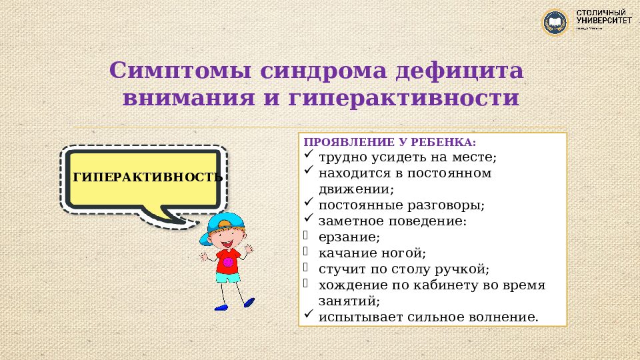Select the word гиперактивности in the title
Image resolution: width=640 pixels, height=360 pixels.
tap(404, 99)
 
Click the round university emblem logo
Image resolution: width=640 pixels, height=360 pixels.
tap(556, 23)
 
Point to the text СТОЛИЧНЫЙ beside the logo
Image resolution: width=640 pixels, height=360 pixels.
tap(601, 13)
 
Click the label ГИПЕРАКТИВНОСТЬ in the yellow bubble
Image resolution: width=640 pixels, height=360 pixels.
tap(147, 177)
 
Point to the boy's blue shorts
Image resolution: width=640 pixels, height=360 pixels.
tap(228, 278)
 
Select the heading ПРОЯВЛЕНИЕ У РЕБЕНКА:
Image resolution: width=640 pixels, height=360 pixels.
tap(390, 143)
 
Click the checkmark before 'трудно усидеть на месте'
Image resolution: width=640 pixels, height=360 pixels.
tap(308, 156)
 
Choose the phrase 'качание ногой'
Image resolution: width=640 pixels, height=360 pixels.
tap(371, 253)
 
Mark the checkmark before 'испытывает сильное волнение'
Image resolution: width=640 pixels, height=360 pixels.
tap(308, 315)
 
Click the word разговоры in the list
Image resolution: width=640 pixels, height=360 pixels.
tap(446, 205)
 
